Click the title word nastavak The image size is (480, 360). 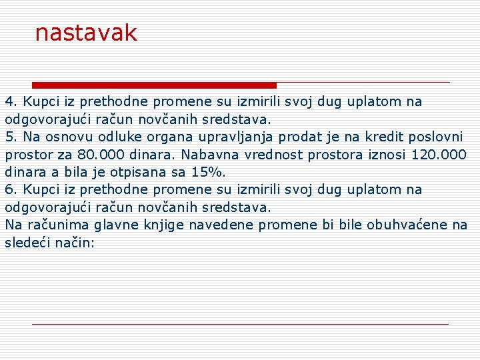pos(86,33)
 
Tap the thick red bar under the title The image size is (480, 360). pos(154,85)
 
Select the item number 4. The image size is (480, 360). pos(10,102)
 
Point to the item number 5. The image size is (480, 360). pos(10,137)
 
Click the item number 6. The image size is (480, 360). pos(10,189)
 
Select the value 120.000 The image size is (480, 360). pos(439,155)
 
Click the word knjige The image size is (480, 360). pos(163,225)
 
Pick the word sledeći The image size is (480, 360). pos(27,242)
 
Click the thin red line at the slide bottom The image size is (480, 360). pos(240,324)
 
